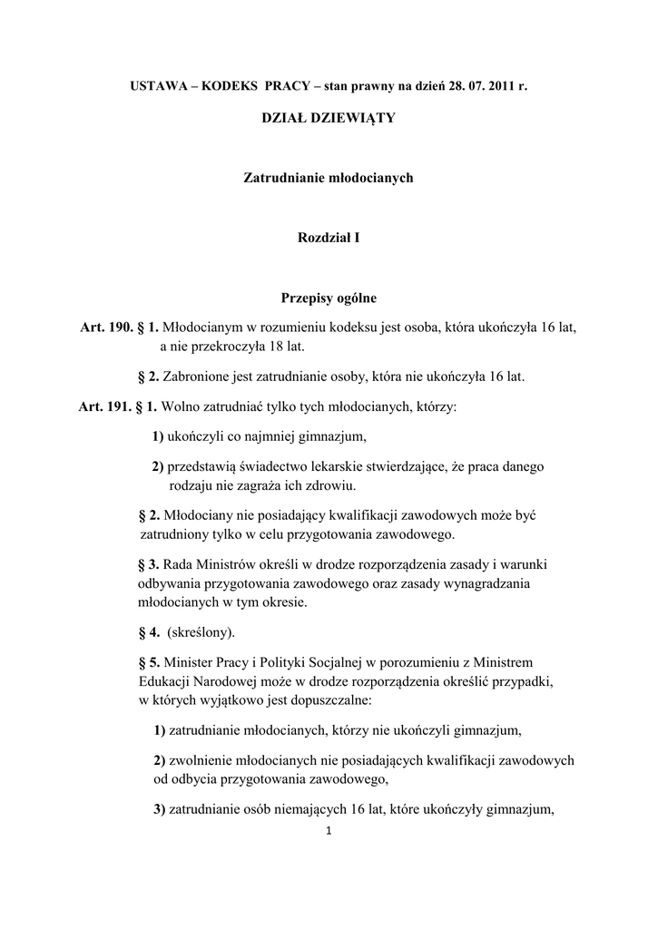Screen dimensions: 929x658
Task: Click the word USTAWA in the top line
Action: click(154, 85)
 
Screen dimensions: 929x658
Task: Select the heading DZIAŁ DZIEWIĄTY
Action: click(329, 118)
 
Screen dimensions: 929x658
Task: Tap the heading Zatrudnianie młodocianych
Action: click(329, 178)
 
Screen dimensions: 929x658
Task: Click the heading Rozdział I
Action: click(329, 238)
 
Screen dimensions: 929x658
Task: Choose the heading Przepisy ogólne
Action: click(329, 298)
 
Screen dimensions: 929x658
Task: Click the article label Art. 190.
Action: click(107, 327)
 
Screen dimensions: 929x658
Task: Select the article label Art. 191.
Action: click(105, 407)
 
